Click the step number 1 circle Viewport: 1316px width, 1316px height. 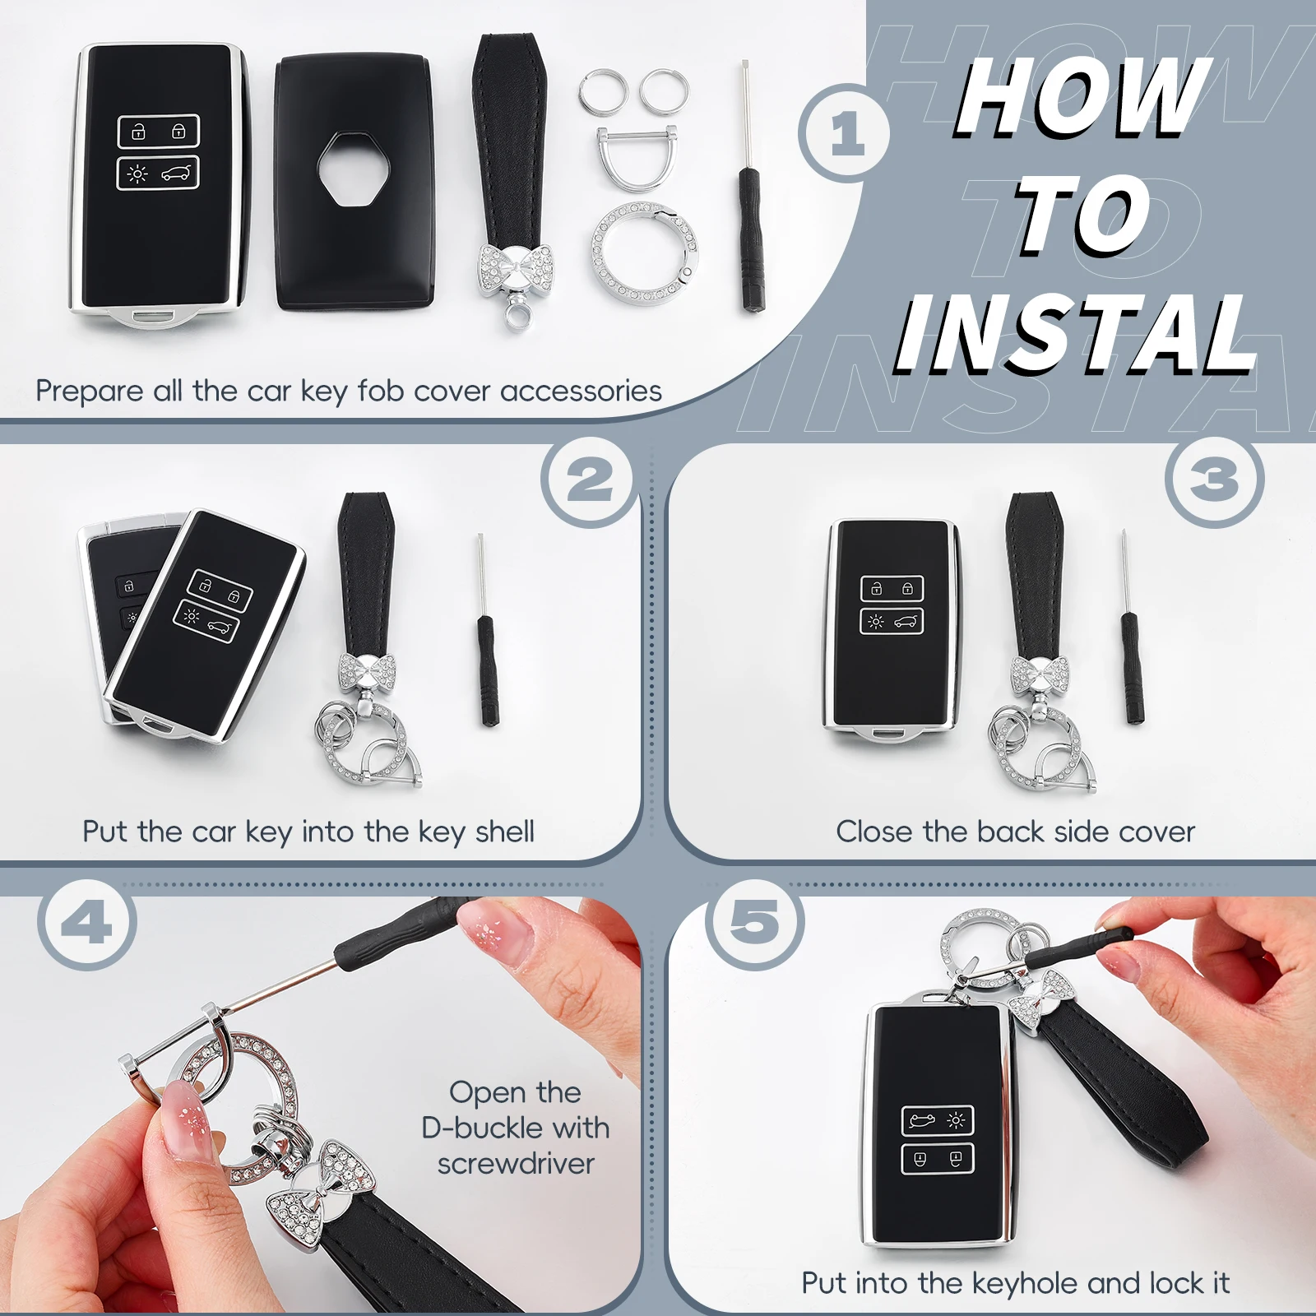(x=845, y=133)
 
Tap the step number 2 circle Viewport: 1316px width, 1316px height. (x=588, y=480)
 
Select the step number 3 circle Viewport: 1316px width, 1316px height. (x=1215, y=480)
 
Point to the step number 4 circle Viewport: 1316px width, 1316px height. (x=87, y=924)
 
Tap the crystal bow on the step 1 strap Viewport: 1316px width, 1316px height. (x=515, y=270)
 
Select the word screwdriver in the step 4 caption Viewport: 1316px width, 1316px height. (x=516, y=1164)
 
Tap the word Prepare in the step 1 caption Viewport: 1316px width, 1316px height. (x=90, y=392)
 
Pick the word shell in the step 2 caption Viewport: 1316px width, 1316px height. (x=504, y=832)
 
